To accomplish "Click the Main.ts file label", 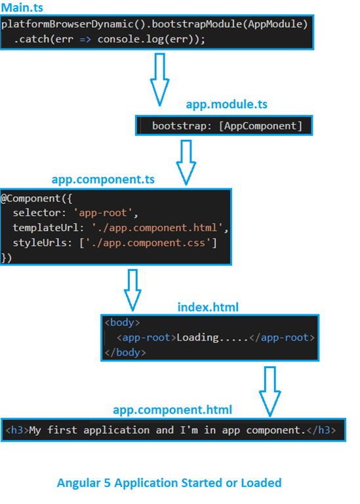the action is (22, 7).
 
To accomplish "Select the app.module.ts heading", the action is (226, 104).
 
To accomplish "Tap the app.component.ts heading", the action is (103, 179).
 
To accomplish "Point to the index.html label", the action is (208, 307).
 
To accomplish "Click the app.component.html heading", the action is (172, 409).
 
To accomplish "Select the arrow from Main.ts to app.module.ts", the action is (159, 79).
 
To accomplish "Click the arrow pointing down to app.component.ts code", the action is (186, 162).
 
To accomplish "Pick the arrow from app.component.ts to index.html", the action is (132, 290).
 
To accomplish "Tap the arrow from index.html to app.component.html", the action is (270, 392).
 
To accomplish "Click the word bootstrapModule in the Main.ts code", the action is (197, 24).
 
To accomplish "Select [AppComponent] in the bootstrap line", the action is (260, 126).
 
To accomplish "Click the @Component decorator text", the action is (31, 198).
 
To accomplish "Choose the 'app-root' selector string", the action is (103, 213).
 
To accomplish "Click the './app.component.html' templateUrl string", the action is (157, 228).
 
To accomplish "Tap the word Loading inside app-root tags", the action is (197, 337).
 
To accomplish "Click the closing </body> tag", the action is (125, 352).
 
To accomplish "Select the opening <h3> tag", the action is (17, 430).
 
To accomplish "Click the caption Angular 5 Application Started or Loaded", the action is (169, 483).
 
